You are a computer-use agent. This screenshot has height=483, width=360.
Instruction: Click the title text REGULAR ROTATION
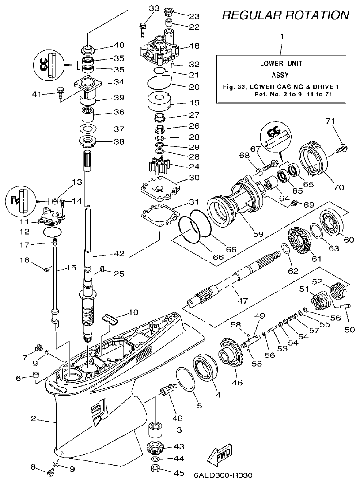pyautogui.click(x=285, y=15)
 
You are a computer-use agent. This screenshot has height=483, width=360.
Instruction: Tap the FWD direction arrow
pyautogui.click(x=219, y=456)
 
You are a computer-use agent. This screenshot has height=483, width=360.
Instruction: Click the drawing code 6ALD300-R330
pyautogui.click(x=223, y=476)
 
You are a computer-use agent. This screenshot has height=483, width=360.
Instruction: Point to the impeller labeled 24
pyautogui.click(x=158, y=168)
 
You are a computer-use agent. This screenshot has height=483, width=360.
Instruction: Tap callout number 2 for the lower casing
pyautogui.click(x=33, y=418)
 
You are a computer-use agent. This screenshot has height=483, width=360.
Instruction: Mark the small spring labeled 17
pyautogui.click(x=54, y=242)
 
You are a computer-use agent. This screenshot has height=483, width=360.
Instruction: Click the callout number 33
pyautogui.click(x=142, y=8)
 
